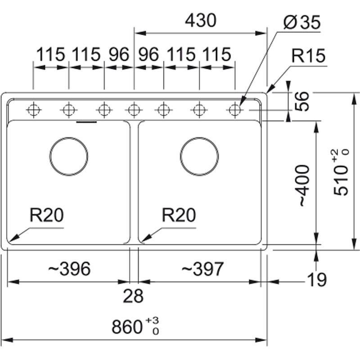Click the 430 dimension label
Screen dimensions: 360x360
coord(201,20)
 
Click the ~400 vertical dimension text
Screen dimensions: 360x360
coord(303,186)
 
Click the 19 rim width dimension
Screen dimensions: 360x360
coord(317,280)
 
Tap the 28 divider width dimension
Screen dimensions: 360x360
coord(134,296)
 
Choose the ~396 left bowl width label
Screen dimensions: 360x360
coord(69,269)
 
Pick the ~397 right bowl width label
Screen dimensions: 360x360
coord(202,269)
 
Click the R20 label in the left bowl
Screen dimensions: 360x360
coord(47,216)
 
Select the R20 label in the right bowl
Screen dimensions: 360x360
coord(179,216)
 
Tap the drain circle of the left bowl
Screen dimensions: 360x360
coord(69,156)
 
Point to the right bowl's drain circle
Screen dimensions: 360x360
coord(199,156)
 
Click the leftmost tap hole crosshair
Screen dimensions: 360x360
coord(33,109)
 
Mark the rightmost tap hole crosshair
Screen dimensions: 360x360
coord(234,109)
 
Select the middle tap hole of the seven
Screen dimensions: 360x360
coord(134,109)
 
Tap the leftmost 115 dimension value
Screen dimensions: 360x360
coord(51,55)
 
